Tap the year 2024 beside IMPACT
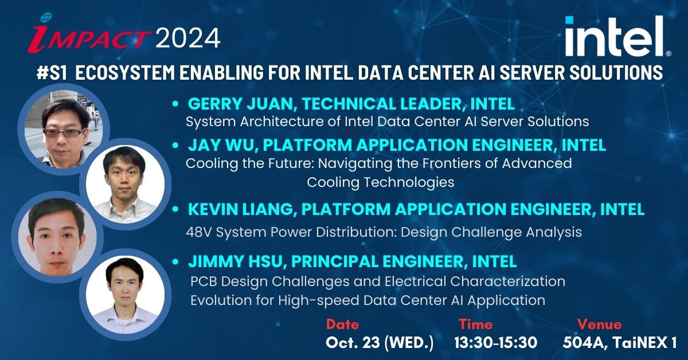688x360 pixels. pyautogui.click(x=188, y=38)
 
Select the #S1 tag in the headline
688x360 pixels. pyautogui.click(x=52, y=73)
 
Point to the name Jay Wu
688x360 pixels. pyautogui.click(x=222, y=145)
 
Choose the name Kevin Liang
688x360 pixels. pyautogui.click(x=240, y=209)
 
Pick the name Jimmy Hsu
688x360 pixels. pyautogui.click(x=235, y=262)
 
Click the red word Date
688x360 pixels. pyautogui.click(x=342, y=324)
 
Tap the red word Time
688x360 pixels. pyautogui.click(x=475, y=324)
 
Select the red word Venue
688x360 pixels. pyautogui.click(x=599, y=324)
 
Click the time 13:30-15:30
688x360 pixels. pyautogui.click(x=496, y=343)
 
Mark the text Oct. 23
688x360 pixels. pyautogui.click(x=353, y=343)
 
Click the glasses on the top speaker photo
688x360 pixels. pyautogui.click(x=63, y=133)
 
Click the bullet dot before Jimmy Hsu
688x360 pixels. pyautogui.click(x=175, y=262)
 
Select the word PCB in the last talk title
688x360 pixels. pyautogui.click(x=204, y=281)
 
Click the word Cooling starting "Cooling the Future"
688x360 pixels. pyautogui.click(x=212, y=164)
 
